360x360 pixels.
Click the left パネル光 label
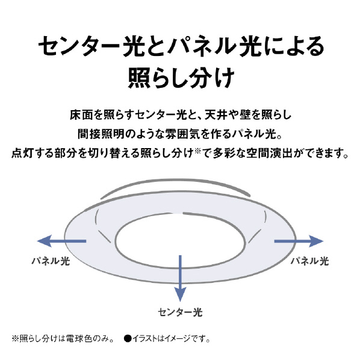click(51, 261)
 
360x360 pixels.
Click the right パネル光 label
click(309, 261)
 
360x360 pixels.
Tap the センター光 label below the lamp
click(180, 312)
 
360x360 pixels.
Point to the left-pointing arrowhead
click(45, 241)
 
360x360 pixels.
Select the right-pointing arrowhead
click(316, 241)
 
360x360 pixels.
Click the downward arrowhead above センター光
click(180, 294)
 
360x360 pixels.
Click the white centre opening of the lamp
click(180, 240)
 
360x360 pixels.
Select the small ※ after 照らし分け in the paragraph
click(197, 151)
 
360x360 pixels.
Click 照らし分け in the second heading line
click(181, 78)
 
